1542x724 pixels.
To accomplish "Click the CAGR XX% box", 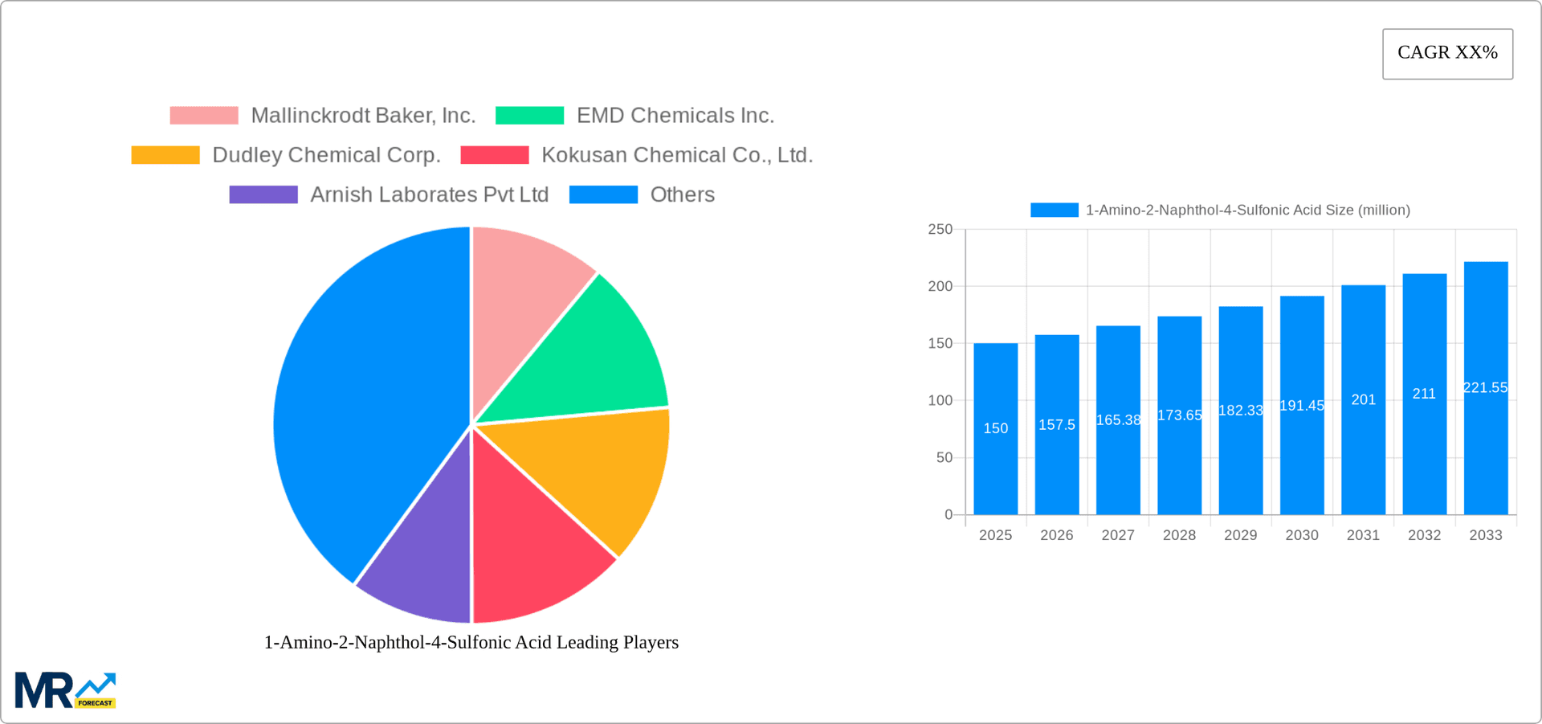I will coord(1447,54).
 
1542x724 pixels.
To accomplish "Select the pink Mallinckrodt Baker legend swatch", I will coord(204,116).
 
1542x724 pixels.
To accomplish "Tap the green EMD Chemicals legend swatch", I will coord(529,116).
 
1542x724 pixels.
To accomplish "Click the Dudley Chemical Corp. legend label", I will coord(326,155).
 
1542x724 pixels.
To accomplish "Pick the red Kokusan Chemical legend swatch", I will coord(495,155).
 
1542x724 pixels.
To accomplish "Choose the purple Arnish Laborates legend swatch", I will coord(263,194).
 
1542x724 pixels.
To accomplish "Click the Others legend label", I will coord(682,194).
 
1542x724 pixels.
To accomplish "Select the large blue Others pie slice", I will coord(361,402).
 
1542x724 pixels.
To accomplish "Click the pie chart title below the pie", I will coord(471,642).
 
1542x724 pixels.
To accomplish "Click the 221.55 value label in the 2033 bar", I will coord(1485,387).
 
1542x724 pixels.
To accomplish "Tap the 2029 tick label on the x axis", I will coord(1240,535).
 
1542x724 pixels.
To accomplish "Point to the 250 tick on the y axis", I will coord(940,230).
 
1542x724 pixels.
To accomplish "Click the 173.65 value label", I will coord(1179,415).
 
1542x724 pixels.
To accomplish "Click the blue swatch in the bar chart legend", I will coord(1054,210).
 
